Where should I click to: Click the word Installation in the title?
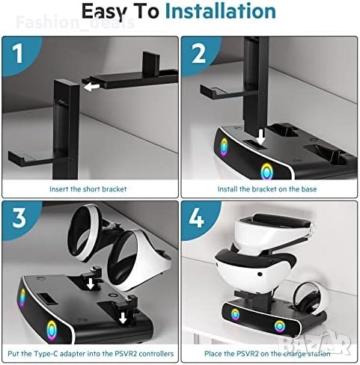coord(221,11)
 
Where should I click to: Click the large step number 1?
coord(18,53)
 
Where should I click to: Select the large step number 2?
coord(198,53)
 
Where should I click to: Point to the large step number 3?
coord(19,218)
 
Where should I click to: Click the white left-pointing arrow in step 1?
coord(91,87)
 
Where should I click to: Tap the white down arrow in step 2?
coord(261,137)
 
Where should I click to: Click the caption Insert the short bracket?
coord(88,189)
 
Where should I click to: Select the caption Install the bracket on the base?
coord(267,189)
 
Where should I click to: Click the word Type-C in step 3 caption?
coord(46,354)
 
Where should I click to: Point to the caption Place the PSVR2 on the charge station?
coord(267,354)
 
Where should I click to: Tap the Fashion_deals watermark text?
coord(76,22)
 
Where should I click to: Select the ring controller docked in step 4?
coord(310,300)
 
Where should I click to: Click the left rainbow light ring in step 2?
coord(224,147)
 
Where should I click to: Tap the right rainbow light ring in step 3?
coord(52,330)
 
